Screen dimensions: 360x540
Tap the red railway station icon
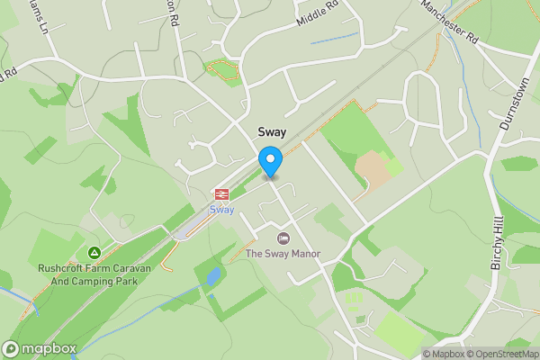pos(221,193)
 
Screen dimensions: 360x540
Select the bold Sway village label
pos(271,131)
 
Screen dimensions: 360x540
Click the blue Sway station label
pos(221,210)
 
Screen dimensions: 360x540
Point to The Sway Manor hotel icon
pos(283,238)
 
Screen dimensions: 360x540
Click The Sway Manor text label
pos(283,254)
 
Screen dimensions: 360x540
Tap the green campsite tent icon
pos(94,252)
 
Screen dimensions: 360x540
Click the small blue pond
pos(213,275)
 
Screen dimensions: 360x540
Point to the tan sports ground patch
pos(373,169)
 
